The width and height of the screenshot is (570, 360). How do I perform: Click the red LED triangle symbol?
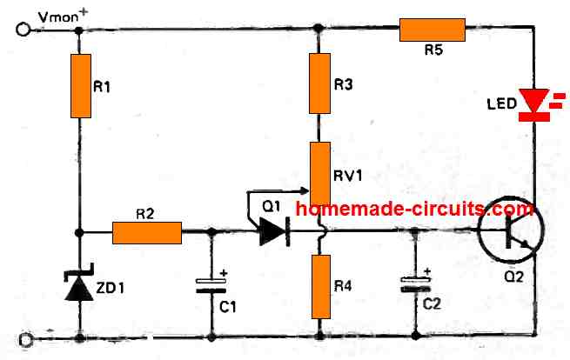[x=533, y=103]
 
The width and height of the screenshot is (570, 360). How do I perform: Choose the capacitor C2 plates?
[x=416, y=283]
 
